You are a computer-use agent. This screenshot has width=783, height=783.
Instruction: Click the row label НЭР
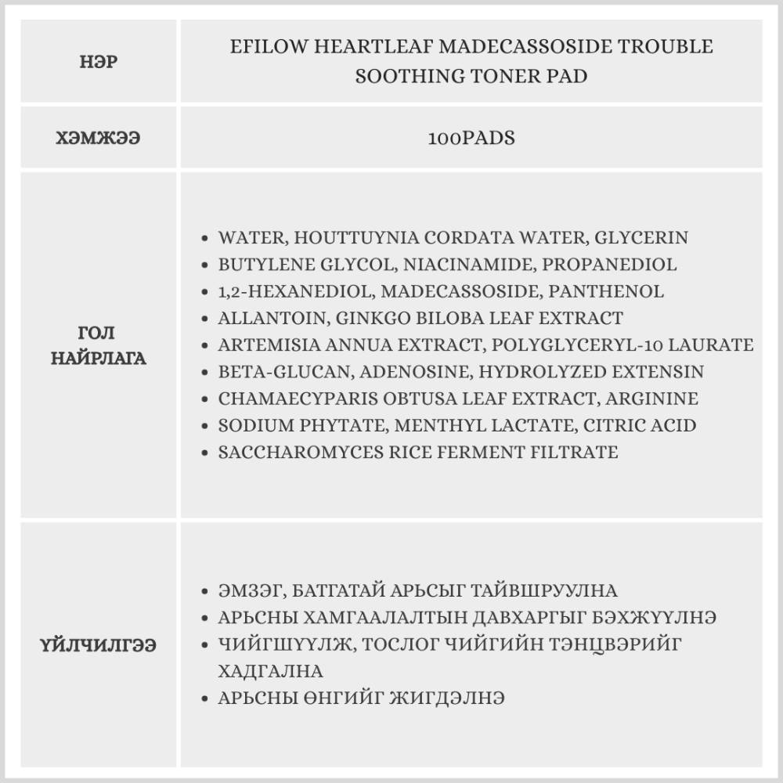(x=99, y=62)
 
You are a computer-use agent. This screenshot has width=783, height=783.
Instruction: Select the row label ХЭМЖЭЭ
(x=99, y=138)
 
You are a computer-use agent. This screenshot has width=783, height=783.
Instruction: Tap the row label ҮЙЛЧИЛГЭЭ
(x=99, y=645)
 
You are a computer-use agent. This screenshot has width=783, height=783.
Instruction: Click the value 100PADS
(x=471, y=138)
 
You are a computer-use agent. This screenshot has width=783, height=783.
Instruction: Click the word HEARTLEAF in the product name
(x=374, y=46)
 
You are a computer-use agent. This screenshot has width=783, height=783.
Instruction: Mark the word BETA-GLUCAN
(x=272, y=371)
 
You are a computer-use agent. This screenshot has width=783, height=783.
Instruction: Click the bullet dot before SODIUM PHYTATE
(x=204, y=426)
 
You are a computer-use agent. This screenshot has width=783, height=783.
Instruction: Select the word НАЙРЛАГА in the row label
(x=99, y=359)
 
